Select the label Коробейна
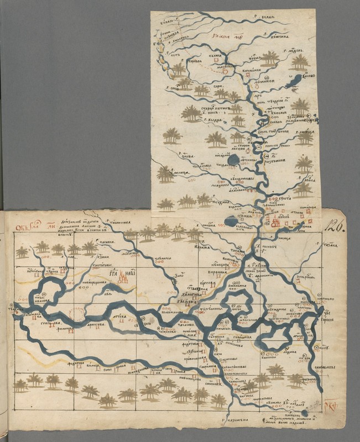click(195, 62)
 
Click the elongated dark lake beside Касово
click(295, 82)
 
